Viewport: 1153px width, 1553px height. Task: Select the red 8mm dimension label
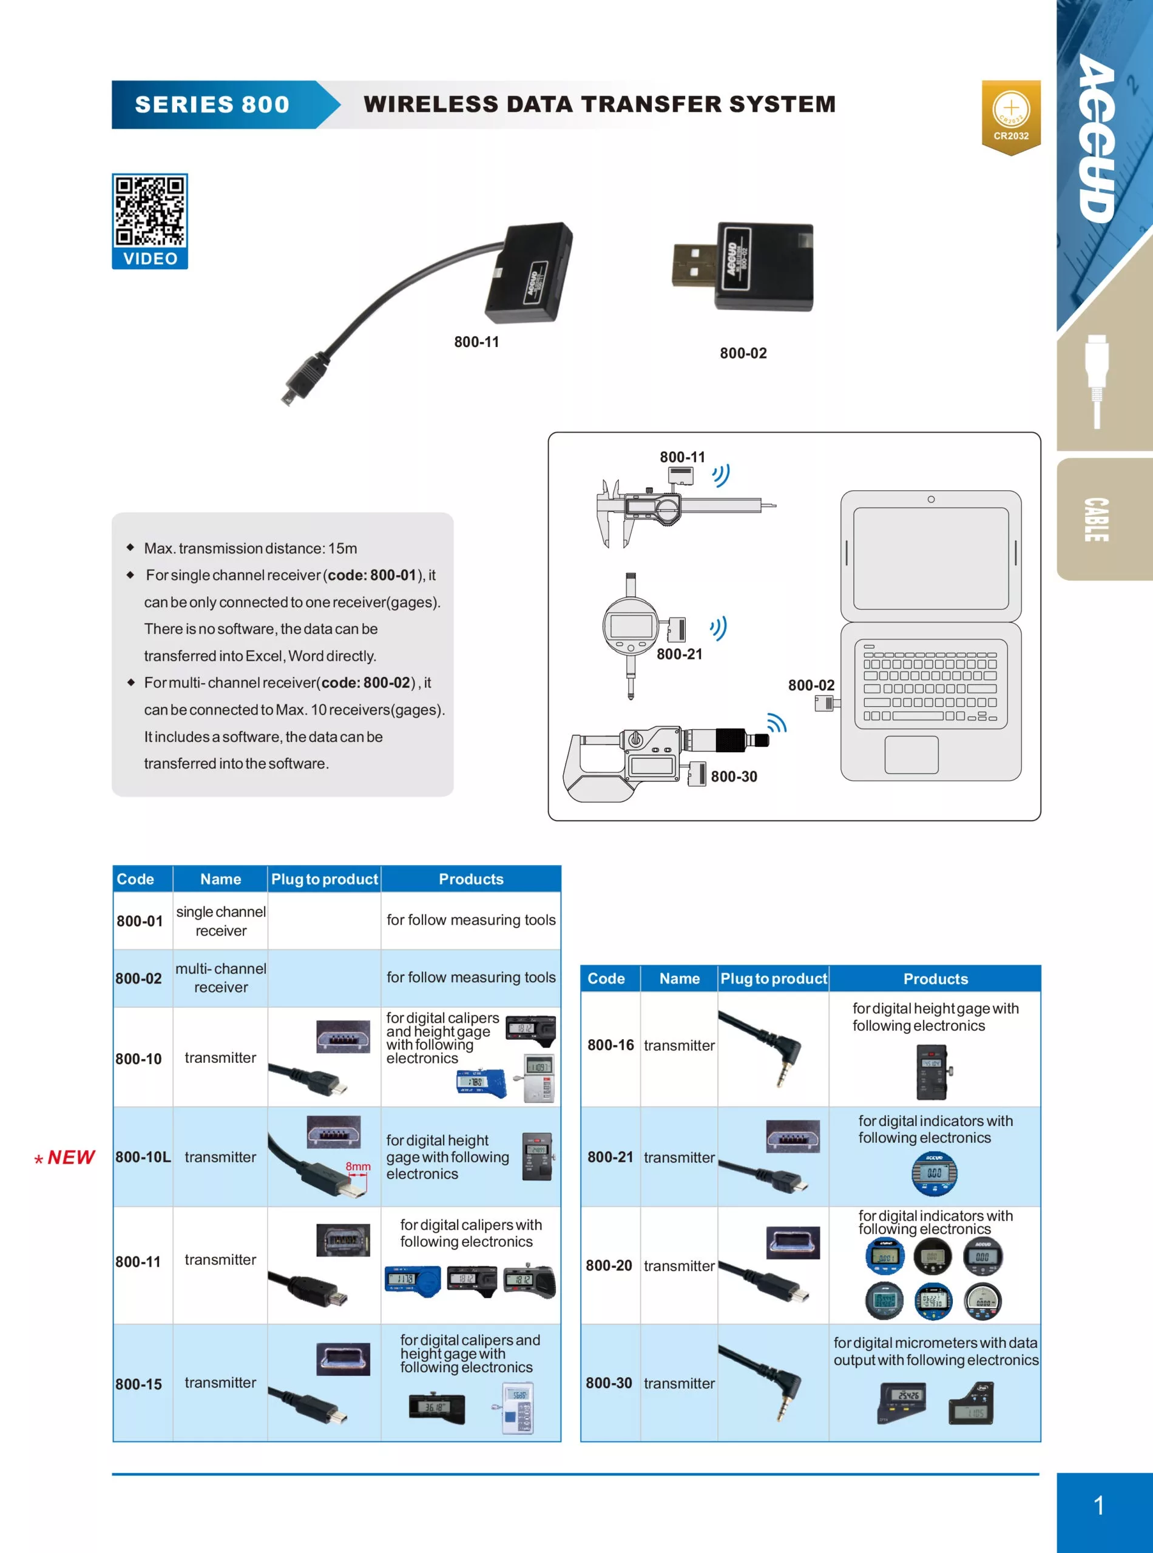point(357,1166)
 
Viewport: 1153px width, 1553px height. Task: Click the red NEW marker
point(66,1157)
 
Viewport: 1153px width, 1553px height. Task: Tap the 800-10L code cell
point(143,1157)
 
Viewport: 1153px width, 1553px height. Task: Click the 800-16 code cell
point(610,1045)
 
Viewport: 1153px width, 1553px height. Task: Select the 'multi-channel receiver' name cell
point(220,977)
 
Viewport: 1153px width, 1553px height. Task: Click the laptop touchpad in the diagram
point(911,754)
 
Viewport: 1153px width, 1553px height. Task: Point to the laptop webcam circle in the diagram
point(930,499)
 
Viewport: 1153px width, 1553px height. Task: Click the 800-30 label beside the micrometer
point(734,776)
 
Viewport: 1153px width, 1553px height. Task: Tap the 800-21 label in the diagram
point(679,654)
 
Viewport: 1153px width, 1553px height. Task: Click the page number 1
point(1098,1505)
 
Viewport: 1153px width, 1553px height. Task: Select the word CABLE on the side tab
point(1096,520)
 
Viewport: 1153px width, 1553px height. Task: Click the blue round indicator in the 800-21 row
point(934,1173)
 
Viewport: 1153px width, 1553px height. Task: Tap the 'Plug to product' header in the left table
point(325,879)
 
